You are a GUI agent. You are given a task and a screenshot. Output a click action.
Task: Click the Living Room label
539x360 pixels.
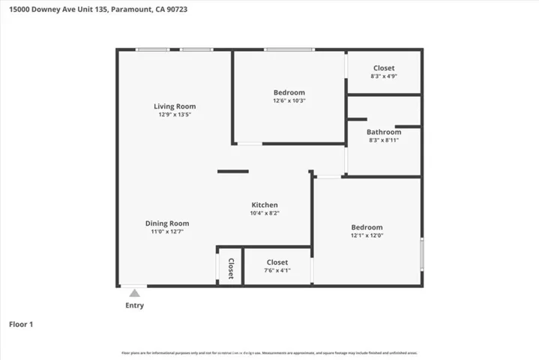pos(175,106)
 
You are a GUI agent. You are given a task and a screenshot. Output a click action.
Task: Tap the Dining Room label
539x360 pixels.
pos(167,223)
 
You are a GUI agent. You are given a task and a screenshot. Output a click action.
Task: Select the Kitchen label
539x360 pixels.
pos(265,205)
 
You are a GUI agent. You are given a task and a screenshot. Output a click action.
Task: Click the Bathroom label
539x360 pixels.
pos(384,132)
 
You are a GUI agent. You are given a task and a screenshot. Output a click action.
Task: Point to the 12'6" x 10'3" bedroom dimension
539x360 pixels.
pos(289,100)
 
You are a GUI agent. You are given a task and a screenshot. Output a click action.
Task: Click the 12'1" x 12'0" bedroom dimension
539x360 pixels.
pos(367,236)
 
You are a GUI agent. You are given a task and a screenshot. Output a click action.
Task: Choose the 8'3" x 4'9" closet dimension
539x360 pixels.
pos(384,76)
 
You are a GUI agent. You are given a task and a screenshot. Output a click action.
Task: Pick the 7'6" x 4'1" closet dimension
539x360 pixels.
pos(277,271)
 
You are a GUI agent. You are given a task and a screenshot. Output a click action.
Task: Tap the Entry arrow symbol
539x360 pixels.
pos(134,292)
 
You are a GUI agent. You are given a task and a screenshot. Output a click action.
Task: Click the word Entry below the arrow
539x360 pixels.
pos(134,305)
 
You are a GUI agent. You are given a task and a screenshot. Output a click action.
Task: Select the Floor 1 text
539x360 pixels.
pos(21,325)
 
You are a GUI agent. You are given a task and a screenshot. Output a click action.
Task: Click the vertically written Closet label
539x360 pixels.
pos(231,268)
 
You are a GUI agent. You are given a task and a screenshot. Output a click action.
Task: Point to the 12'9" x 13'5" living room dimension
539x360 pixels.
pos(175,115)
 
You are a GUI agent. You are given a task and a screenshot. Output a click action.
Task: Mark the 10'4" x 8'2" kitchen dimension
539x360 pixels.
pos(265,214)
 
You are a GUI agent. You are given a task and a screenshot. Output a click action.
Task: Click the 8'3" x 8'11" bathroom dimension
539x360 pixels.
pos(384,140)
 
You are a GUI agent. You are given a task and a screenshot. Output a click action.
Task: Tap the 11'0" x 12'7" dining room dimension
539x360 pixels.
pos(167,232)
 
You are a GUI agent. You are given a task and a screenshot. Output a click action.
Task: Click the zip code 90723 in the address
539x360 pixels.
pos(174,8)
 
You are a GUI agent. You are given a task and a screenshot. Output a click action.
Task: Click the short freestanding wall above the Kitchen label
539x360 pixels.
pos(232,172)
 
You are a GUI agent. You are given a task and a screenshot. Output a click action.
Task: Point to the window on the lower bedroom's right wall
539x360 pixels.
pos(421,254)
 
